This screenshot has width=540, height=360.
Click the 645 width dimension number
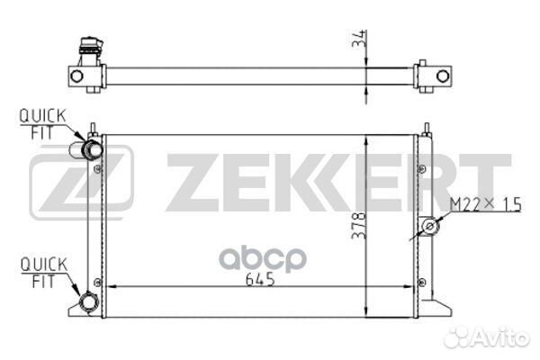pos(260,279)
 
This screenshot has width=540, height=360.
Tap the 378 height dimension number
pos(358,225)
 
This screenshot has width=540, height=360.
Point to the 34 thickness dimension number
pos(358,39)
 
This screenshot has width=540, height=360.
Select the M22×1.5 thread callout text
pos(486,204)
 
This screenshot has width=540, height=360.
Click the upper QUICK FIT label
pos(42,124)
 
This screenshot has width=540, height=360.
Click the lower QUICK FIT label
pos(44,273)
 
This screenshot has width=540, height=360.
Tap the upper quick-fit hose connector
pos(86,150)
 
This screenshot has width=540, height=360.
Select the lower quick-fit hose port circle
pos(89,302)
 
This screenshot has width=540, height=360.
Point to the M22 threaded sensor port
pos(429,226)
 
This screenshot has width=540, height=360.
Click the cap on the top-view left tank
pos(91,46)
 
